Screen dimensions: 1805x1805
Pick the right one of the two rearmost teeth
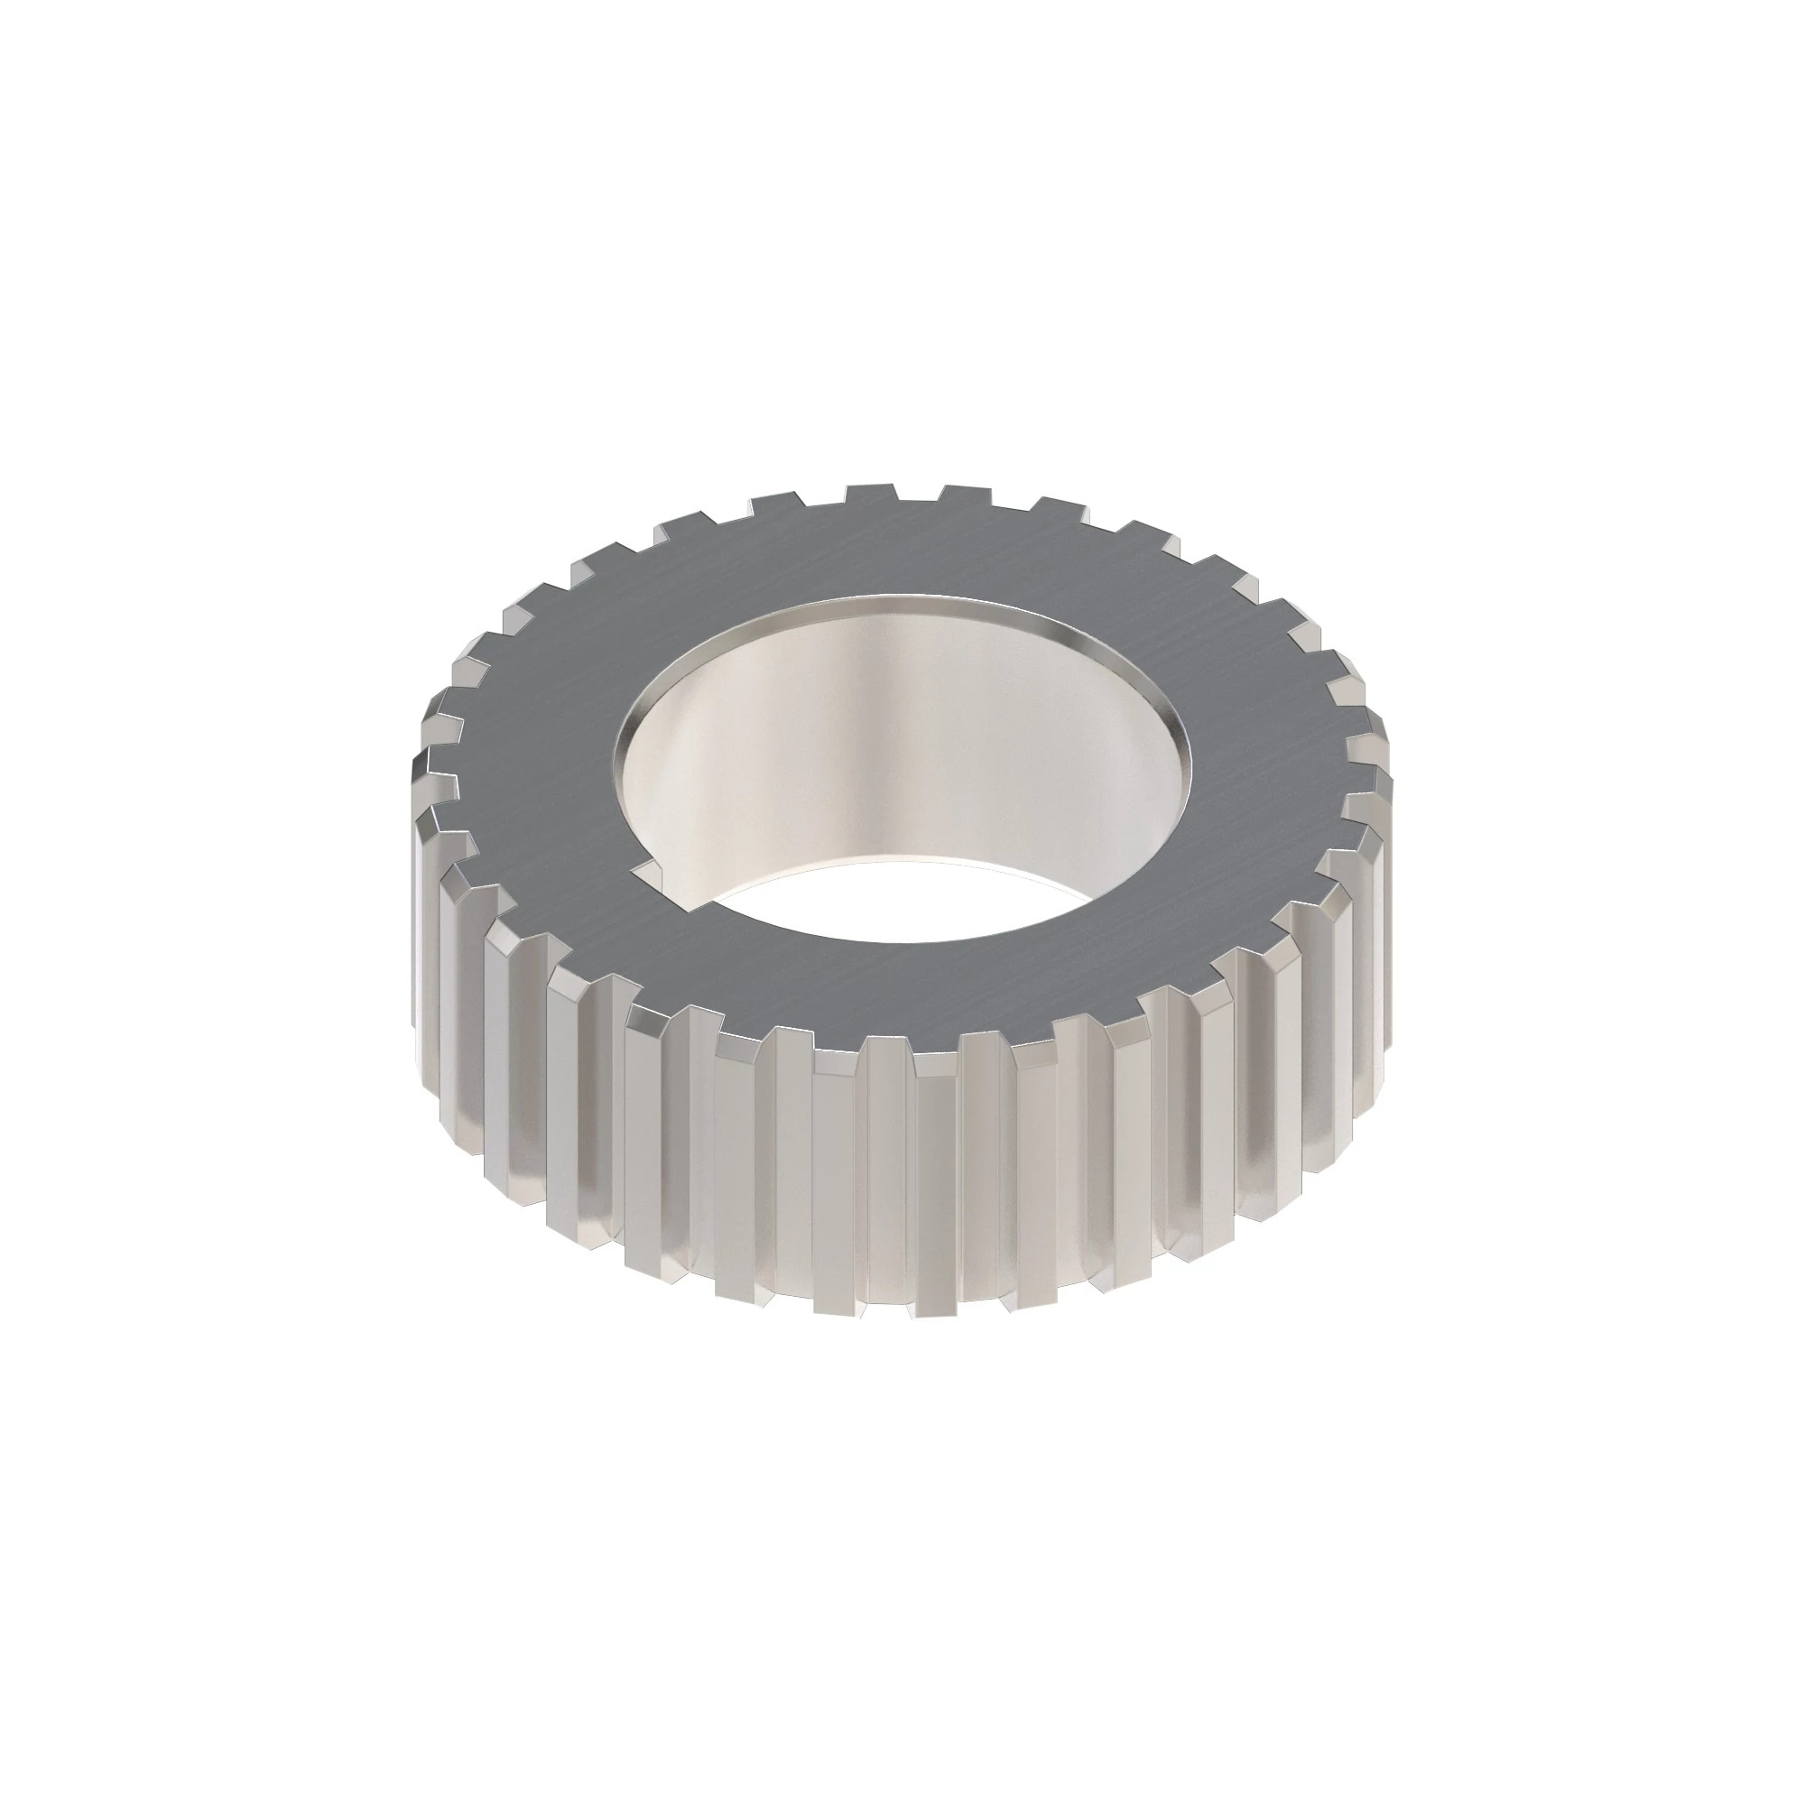966,494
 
